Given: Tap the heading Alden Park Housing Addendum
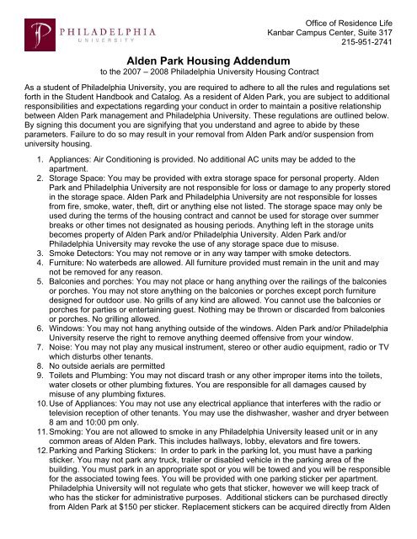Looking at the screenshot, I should (x=208, y=61).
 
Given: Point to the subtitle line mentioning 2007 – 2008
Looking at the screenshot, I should (x=207, y=72).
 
